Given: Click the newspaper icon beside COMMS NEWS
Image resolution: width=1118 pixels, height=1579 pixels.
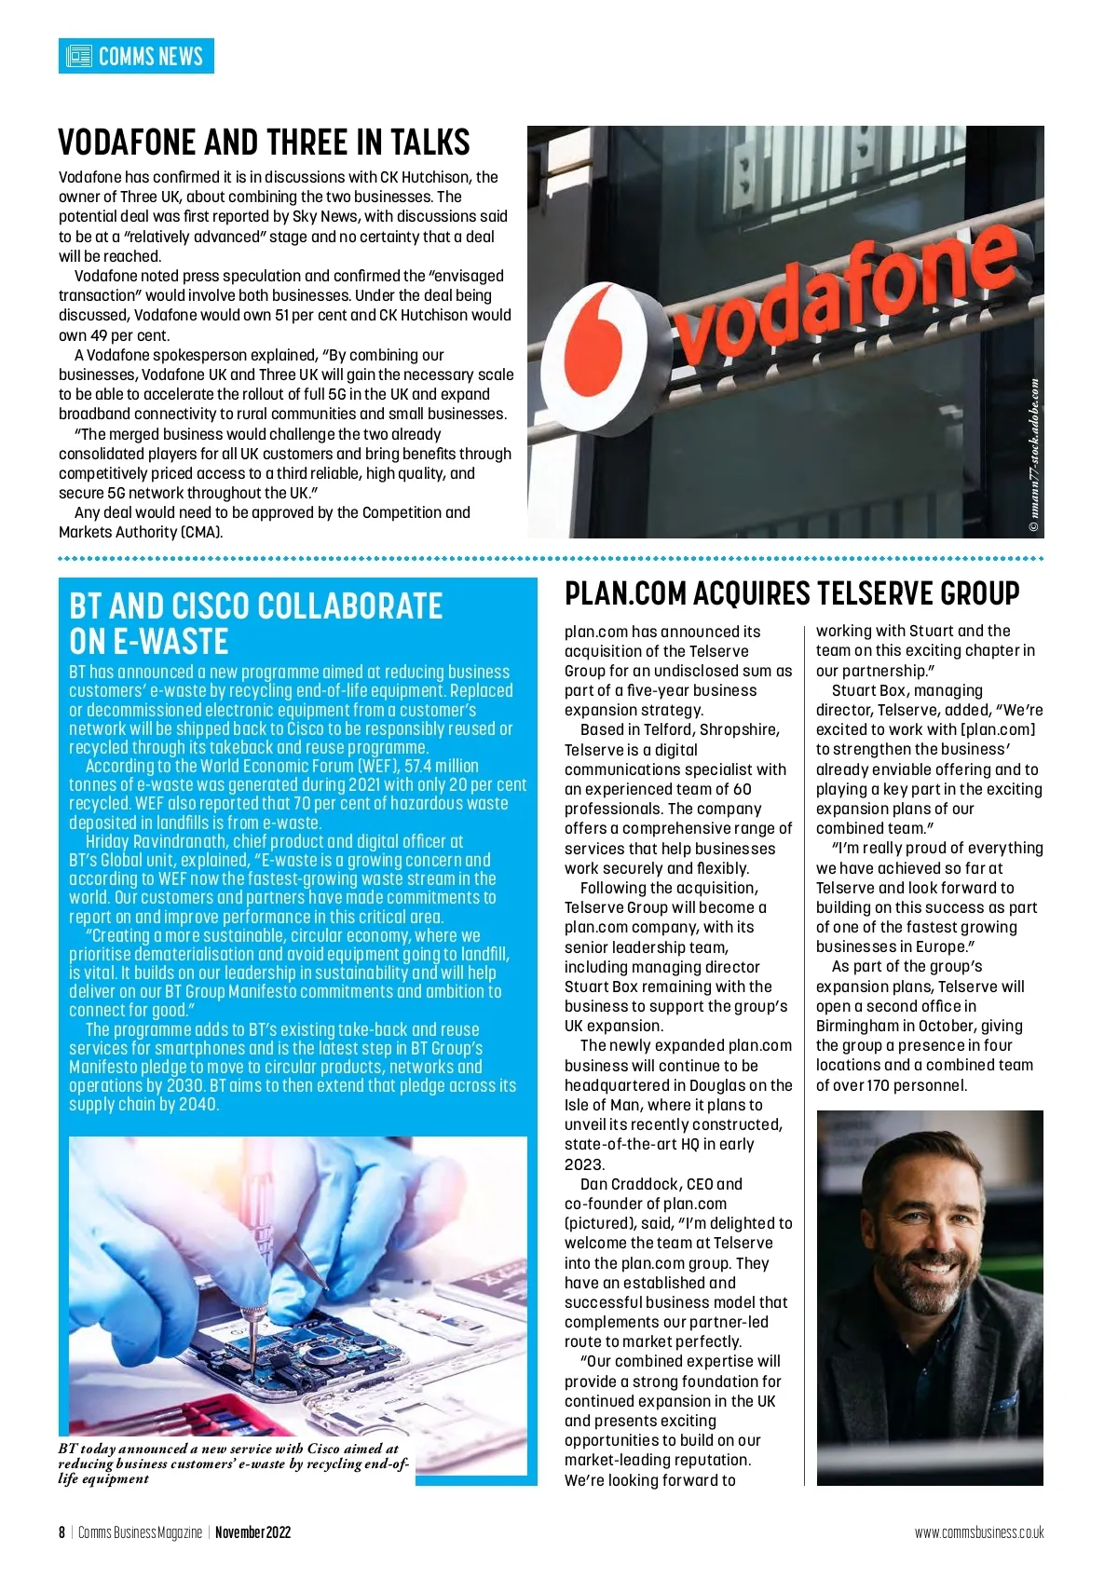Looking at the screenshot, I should [x=78, y=56].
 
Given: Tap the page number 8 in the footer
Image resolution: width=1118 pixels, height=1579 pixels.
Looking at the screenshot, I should [x=61, y=1532].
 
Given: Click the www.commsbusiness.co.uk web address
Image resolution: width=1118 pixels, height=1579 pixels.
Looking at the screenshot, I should [x=979, y=1532].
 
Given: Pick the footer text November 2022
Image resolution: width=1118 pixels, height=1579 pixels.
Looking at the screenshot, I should [x=252, y=1532].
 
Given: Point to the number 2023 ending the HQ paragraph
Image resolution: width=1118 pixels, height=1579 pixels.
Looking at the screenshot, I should [x=584, y=1164].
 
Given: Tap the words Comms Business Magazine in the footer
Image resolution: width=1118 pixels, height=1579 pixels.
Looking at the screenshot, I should [x=140, y=1532].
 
